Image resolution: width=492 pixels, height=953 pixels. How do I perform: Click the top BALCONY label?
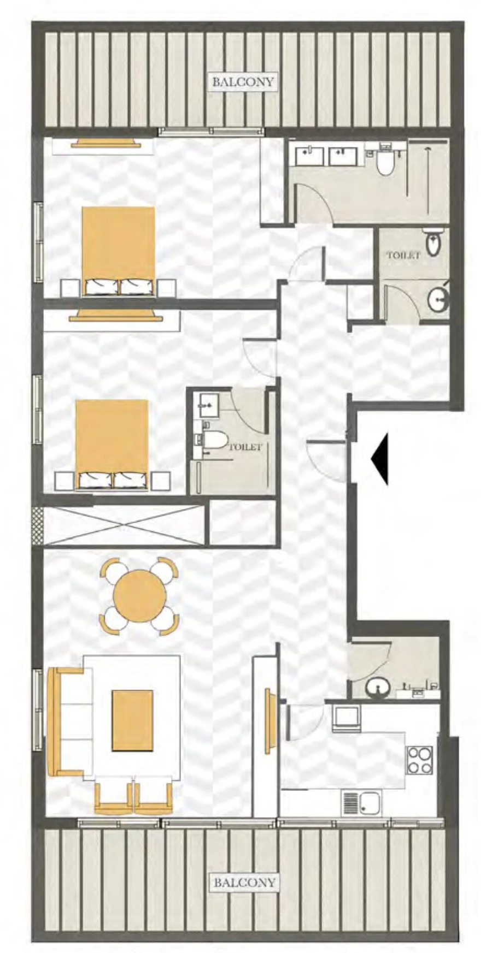pyautogui.click(x=243, y=82)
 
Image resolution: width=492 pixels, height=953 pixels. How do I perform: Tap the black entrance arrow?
pyautogui.click(x=380, y=459)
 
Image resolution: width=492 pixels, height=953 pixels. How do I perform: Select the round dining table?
pyautogui.click(x=139, y=595)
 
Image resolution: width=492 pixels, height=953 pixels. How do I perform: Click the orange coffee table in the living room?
pyautogui.click(x=132, y=720)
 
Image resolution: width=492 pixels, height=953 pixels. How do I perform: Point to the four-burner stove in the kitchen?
pyautogui.click(x=419, y=759)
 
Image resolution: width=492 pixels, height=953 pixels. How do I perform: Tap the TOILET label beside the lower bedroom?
pyautogui.click(x=245, y=446)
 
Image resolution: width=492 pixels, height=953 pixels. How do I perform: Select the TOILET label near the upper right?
pyautogui.click(x=403, y=255)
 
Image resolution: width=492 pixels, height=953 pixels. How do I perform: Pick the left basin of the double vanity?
pyautogui.click(x=309, y=156)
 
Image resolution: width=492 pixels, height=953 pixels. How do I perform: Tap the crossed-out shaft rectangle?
pyautogui.click(x=125, y=525)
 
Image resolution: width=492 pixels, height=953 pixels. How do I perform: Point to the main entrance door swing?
pyautogui.click(x=325, y=459)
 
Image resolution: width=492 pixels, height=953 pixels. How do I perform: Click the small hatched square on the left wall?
pyautogui.click(x=37, y=525)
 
